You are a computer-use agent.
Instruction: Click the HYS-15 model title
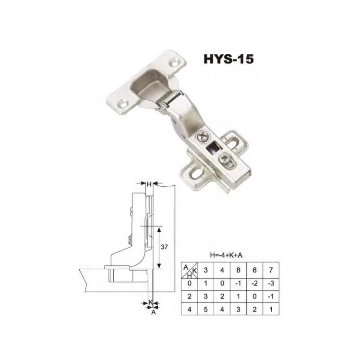(x=228, y=59)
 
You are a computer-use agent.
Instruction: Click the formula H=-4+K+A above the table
(x=226, y=255)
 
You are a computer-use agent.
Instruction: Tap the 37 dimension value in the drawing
(x=164, y=247)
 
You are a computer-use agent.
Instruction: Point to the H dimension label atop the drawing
(x=149, y=184)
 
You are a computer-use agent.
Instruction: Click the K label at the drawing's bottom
(x=151, y=302)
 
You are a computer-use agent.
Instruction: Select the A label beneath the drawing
(x=154, y=312)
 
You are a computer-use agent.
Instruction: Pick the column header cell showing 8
(x=238, y=270)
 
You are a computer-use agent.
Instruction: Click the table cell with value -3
(x=271, y=283)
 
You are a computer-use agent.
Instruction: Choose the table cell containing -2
(x=254, y=283)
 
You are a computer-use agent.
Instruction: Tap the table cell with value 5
(x=206, y=309)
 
